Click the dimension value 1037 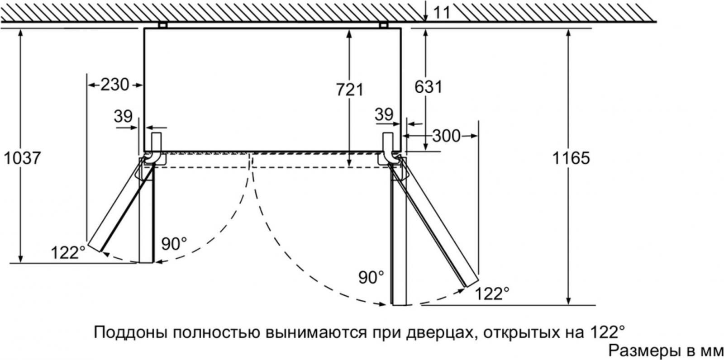22,158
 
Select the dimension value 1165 571,158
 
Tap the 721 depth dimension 350,90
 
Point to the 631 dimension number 428,87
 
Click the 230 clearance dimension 115,85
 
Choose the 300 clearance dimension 446,136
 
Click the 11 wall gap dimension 442,13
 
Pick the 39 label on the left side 123,116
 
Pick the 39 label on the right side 384,114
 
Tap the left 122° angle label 68,252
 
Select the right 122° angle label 492,294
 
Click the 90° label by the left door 174,244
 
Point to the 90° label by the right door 372,277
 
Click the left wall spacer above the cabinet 162,25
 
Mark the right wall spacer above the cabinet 383,25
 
